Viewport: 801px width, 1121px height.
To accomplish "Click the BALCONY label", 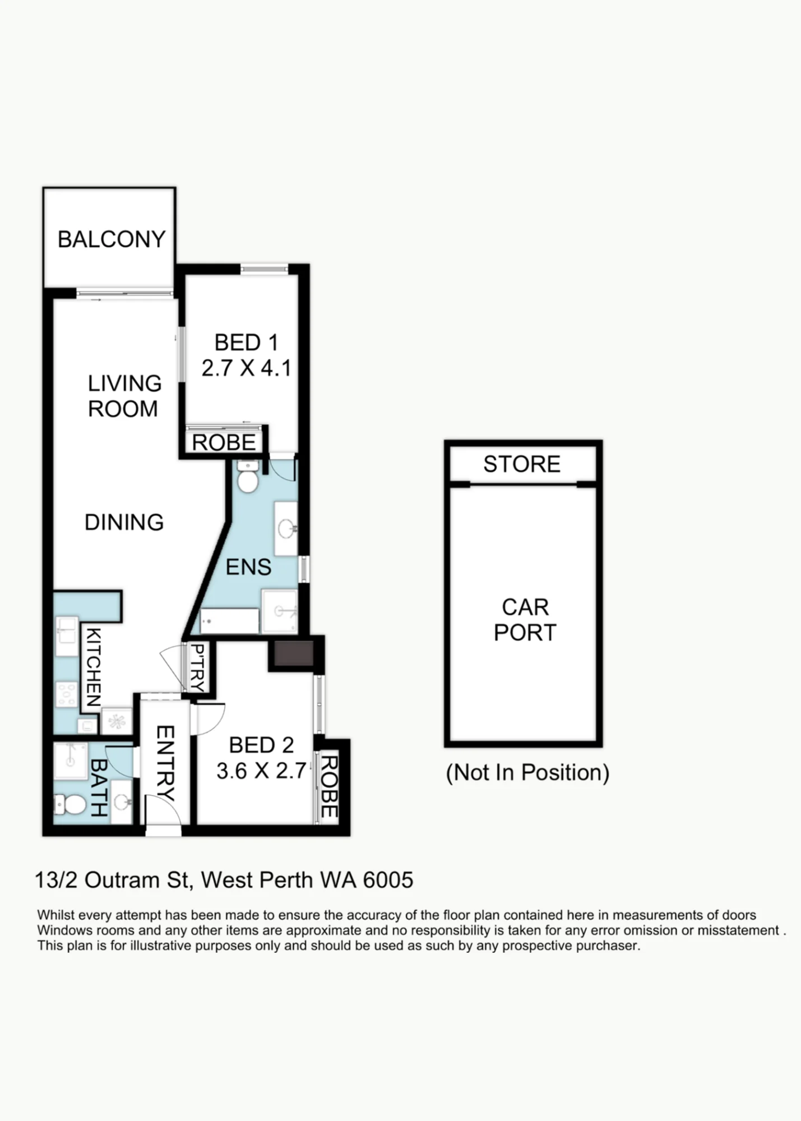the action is coord(112,239).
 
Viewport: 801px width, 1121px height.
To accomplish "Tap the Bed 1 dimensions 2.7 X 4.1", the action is coord(246,368).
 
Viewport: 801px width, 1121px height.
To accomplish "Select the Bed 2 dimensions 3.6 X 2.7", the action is coord(261,771).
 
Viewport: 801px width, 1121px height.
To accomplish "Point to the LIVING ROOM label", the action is coord(124,396).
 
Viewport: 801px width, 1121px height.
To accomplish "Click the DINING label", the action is coord(124,522).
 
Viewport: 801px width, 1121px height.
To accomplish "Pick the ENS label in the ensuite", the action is coord(248,567).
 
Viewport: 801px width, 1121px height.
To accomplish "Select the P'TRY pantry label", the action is coord(197,667).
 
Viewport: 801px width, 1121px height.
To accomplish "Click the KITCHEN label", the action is coord(92,667).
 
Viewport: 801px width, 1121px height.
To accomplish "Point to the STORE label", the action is coord(522,464).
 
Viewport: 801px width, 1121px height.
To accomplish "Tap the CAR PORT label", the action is coord(525,620).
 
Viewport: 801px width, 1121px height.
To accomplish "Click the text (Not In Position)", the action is coord(527,772).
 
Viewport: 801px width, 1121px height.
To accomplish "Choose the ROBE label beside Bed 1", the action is coord(224,443).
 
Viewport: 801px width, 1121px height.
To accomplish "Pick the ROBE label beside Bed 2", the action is coord(329,787).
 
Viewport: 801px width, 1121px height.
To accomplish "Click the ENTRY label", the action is coord(165,763).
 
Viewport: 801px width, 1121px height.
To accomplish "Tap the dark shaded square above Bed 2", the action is coord(294,654).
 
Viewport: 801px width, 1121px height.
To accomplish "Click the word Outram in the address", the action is coord(123,881).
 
